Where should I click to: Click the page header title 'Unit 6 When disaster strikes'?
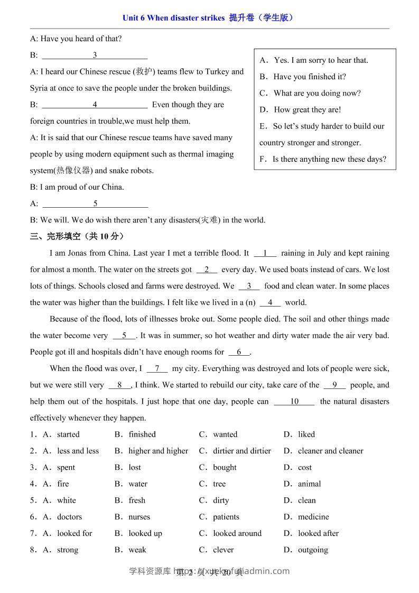click(173, 17)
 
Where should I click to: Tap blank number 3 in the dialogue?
click(95, 55)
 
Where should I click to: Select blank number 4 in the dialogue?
click(95, 105)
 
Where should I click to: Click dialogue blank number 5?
click(95, 203)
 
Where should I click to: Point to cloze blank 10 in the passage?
click(294, 402)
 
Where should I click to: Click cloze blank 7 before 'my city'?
click(157, 368)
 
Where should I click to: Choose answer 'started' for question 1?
click(68, 434)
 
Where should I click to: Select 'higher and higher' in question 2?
click(158, 451)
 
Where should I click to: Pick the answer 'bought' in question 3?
click(225, 467)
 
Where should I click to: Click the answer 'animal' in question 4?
click(309, 484)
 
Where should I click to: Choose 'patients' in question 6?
click(226, 516)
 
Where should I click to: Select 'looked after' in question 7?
click(318, 533)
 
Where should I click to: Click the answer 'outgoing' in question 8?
click(313, 550)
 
